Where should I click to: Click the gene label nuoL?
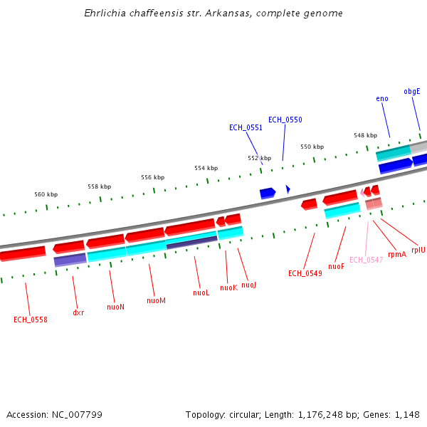tap(201, 292)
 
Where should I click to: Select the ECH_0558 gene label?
tap(31, 320)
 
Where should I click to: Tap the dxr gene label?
tap(78, 312)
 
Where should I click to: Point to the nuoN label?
tap(115, 307)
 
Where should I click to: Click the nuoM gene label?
tap(156, 300)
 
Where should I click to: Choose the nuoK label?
tap(228, 288)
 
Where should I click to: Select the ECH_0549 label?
tap(305, 273)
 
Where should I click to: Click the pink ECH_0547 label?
tap(366, 260)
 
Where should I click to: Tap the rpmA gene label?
tap(397, 254)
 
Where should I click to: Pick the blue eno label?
tap(382, 98)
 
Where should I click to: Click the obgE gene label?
tap(412, 91)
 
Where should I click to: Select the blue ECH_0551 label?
tap(246, 127)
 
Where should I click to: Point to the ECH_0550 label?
tap(285, 120)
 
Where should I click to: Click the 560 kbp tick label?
tap(46, 194)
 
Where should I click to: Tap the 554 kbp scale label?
tap(206, 168)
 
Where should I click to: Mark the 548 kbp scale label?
tap(365, 135)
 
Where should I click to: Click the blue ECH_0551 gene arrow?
tap(268, 193)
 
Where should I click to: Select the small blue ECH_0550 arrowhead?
tap(288, 189)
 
